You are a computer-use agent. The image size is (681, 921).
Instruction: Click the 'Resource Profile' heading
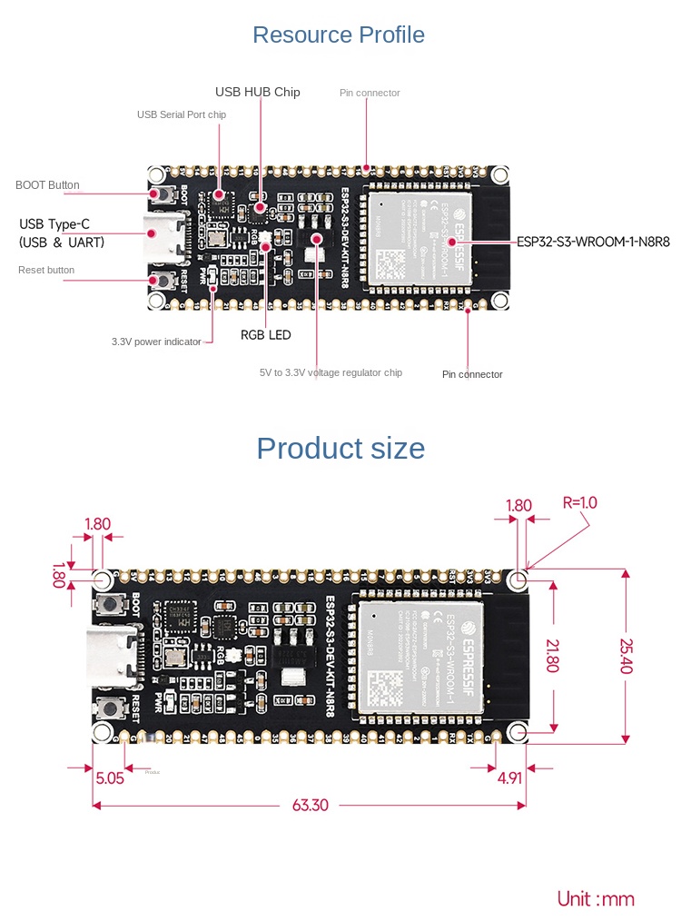tap(338, 35)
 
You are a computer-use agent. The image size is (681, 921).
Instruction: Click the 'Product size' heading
tap(340, 449)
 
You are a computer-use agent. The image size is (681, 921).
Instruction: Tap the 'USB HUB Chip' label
tap(257, 92)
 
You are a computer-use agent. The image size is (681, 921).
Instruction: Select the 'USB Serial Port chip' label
tap(182, 114)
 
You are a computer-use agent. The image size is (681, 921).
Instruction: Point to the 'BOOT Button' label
tap(47, 185)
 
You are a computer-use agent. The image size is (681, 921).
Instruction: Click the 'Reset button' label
tap(46, 270)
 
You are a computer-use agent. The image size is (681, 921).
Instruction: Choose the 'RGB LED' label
tap(265, 335)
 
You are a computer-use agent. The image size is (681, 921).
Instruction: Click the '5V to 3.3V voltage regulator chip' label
tap(331, 372)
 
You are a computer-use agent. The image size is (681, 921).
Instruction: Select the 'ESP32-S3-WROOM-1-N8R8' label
tap(593, 242)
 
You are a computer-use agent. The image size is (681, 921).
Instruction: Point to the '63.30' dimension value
tap(310, 805)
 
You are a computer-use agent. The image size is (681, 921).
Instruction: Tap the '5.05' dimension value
tap(109, 777)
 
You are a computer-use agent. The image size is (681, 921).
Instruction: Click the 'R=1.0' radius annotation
tap(579, 503)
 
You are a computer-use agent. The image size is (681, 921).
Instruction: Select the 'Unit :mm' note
tap(596, 899)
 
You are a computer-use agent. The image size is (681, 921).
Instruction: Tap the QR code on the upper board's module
tap(391, 262)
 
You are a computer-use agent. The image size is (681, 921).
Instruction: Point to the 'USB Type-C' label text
tap(54, 224)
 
